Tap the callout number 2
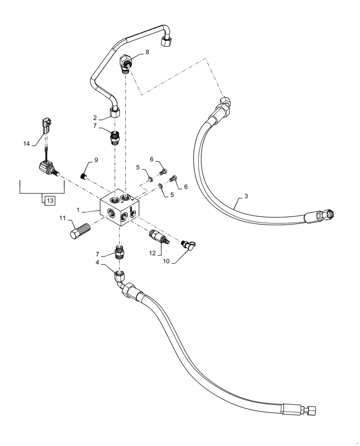[x=95, y=118]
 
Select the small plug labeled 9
[x=82, y=177]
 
